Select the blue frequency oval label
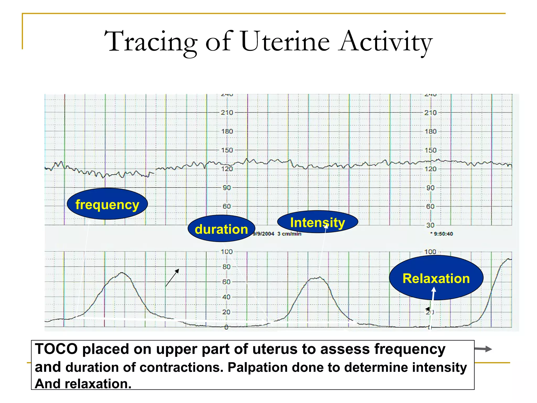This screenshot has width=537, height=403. pyautogui.click(x=107, y=204)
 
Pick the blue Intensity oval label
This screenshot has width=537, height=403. pyautogui.click(x=318, y=222)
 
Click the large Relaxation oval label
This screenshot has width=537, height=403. pyautogui.click(x=436, y=278)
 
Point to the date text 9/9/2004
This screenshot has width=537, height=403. pyautogui.click(x=264, y=234)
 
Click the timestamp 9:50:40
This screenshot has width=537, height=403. pyautogui.click(x=443, y=234)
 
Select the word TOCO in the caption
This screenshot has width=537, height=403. pyautogui.click(x=56, y=349)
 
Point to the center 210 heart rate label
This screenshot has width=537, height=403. pyautogui.click(x=227, y=113)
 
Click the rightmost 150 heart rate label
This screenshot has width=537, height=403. pyautogui.click(x=431, y=150)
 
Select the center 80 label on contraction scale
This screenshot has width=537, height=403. pyautogui.click(x=226, y=267)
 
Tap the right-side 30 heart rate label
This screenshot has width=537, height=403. pyautogui.click(x=430, y=225)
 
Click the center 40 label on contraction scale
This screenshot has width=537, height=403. pyautogui.click(x=226, y=297)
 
